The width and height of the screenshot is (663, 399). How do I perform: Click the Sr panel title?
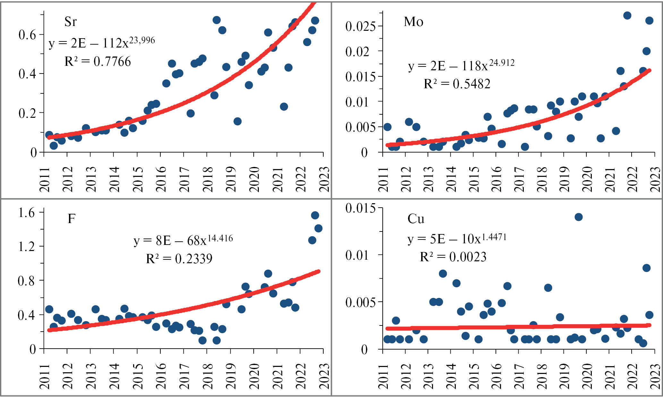70,22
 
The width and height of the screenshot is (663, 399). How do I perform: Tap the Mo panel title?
413,22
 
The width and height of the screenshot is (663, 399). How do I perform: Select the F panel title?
71,219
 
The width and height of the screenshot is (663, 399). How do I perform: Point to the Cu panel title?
416,219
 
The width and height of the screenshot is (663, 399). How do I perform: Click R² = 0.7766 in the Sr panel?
98,61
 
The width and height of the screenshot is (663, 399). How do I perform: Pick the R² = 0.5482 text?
457,84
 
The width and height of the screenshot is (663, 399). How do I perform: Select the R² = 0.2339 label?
179,258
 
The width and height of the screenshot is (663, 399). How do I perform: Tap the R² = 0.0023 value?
453,257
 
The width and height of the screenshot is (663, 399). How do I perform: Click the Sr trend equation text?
101,42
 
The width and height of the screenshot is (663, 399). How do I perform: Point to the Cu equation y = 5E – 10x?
457,239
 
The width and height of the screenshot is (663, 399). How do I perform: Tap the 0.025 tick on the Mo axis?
360,26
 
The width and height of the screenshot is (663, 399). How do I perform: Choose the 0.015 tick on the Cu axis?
360,208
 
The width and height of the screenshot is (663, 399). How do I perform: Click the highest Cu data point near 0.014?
578,217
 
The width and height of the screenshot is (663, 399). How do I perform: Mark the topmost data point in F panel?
315,215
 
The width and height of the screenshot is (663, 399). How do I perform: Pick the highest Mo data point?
627,15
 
